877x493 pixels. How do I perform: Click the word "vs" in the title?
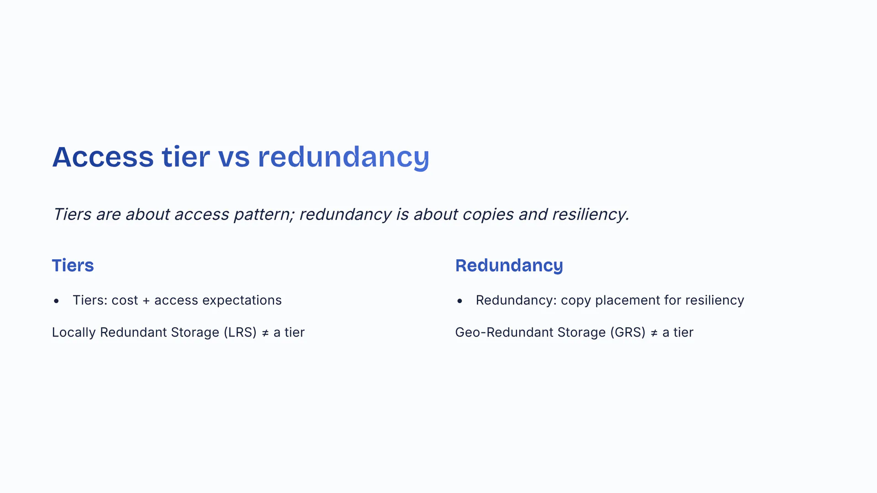pos(233,157)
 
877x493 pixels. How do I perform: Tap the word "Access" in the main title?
pos(103,157)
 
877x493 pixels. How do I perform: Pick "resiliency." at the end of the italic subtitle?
pos(591,215)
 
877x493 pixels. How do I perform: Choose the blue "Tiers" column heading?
pos(73,266)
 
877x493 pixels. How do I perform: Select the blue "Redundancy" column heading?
pos(509,266)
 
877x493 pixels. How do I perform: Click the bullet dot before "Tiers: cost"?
pos(56,301)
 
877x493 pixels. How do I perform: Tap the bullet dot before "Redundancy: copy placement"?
pos(460,301)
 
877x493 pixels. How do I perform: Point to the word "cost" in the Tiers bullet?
pos(125,300)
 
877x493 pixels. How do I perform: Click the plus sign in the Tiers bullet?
pos(146,301)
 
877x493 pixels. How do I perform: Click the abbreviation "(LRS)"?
pos(240,332)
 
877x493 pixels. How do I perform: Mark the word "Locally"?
pos(74,332)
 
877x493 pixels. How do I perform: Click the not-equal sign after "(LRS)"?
pos(265,333)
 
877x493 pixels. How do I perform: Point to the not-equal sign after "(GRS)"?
pos(654,333)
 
